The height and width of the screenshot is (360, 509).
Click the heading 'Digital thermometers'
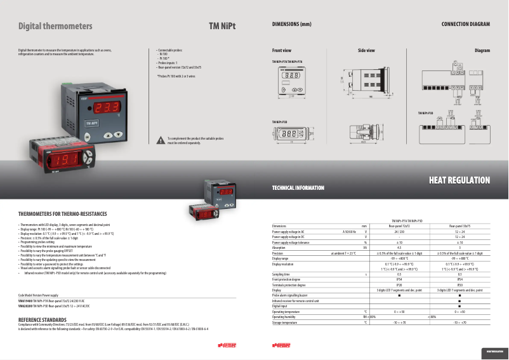[55, 26]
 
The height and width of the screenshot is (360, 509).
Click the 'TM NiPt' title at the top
[222, 26]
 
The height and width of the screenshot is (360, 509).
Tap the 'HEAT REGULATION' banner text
[460, 181]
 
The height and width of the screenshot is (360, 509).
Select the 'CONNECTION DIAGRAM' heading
[466, 24]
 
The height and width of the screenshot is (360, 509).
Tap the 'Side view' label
[366, 50]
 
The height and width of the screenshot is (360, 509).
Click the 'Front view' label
[282, 50]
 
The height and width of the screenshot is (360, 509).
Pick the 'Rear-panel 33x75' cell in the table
[459, 225]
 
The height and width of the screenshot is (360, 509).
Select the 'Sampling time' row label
[283, 274]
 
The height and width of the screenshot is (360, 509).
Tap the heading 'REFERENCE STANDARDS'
[43, 319]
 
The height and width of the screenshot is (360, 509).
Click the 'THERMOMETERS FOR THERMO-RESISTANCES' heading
[63, 214]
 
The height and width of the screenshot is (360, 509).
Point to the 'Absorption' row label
[280, 247]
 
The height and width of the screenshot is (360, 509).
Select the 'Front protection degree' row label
[288, 279]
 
